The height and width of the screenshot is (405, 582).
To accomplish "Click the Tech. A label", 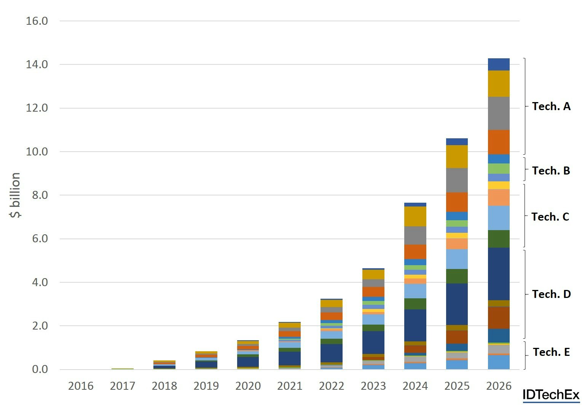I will tap(551, 106).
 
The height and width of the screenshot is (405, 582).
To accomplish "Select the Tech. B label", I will tap(551, 171).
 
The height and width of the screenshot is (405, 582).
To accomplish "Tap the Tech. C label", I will tap(550, 217).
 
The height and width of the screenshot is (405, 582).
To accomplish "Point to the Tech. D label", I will tap(551, 294).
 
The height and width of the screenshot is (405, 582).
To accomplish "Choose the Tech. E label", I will tap(551, 352).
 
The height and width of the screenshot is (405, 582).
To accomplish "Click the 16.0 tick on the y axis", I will tap(37, 21).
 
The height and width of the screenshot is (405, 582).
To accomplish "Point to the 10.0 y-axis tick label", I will tap(37, 152).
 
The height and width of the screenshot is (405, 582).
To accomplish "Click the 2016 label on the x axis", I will tap(81, 386).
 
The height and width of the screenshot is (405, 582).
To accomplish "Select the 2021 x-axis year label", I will tap(290, 386).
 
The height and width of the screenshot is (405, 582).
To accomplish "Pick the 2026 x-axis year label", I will tap(499, 386).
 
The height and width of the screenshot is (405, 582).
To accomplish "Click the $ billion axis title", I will tap(15, 195).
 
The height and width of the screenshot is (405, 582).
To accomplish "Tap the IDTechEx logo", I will tap(551, 395).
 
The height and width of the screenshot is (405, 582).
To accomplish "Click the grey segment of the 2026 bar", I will tap(499, 114).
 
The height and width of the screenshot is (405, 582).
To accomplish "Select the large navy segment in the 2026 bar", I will tap(499, 274).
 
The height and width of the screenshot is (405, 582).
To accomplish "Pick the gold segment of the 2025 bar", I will tap(457, 157).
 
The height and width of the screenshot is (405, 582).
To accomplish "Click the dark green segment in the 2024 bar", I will tap(415, 304).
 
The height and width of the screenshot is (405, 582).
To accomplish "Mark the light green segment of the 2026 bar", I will tap(499, 169).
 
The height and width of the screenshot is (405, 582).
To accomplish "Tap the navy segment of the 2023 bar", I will tap(373, 343).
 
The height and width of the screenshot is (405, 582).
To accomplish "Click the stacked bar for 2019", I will tap(206, 361).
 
